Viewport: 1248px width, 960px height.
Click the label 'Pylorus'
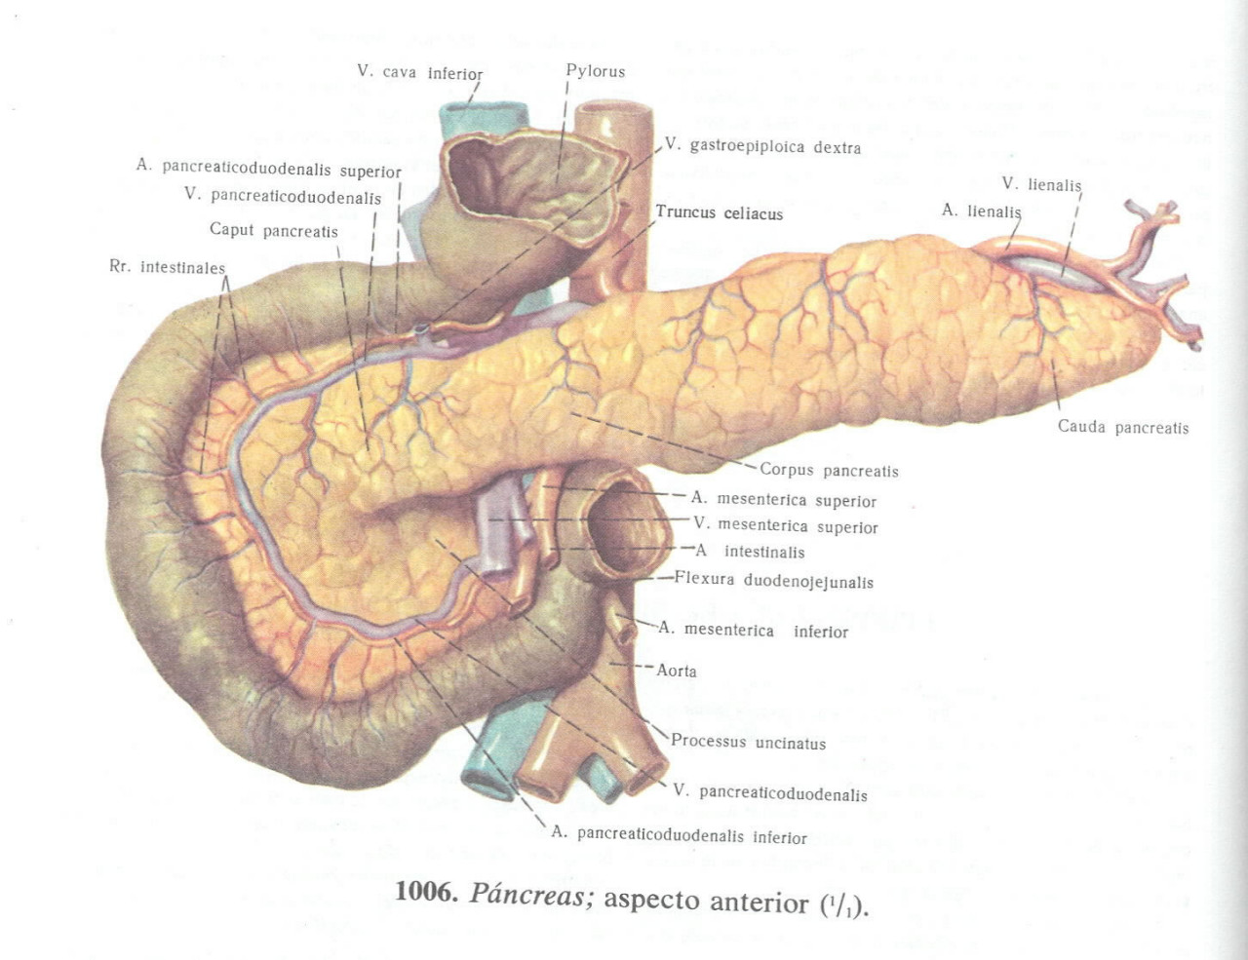[595, 71]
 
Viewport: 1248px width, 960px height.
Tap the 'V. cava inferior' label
[419, 72]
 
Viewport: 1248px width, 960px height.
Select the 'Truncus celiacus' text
[719, 212]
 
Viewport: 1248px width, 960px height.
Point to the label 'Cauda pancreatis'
[1123, 427]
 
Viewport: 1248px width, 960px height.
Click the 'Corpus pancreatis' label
[829, 470]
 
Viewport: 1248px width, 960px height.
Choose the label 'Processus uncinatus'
[748, 742]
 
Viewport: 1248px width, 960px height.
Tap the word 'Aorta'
[677, 671]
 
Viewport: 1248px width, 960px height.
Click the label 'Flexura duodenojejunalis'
[773, 581]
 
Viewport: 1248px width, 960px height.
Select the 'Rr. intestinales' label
[167, 267]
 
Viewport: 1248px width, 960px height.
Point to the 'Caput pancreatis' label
[273, 230]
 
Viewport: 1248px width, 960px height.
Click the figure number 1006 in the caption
[426, 892]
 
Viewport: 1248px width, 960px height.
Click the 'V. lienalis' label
[1041, 184]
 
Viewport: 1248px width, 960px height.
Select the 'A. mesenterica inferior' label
[753, 631]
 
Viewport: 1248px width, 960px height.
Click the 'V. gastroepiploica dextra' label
[763, 146]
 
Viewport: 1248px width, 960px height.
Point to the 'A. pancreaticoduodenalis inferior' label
[679, 835]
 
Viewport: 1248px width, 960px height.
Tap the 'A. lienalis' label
[981, 211]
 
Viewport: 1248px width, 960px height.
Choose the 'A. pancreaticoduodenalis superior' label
[268, 168]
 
